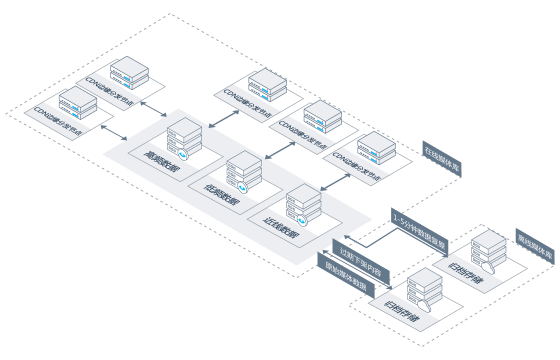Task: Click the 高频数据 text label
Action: coord(160,160)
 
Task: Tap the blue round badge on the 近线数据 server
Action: coord(301,220)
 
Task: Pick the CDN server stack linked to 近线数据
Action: coord(376,148)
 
